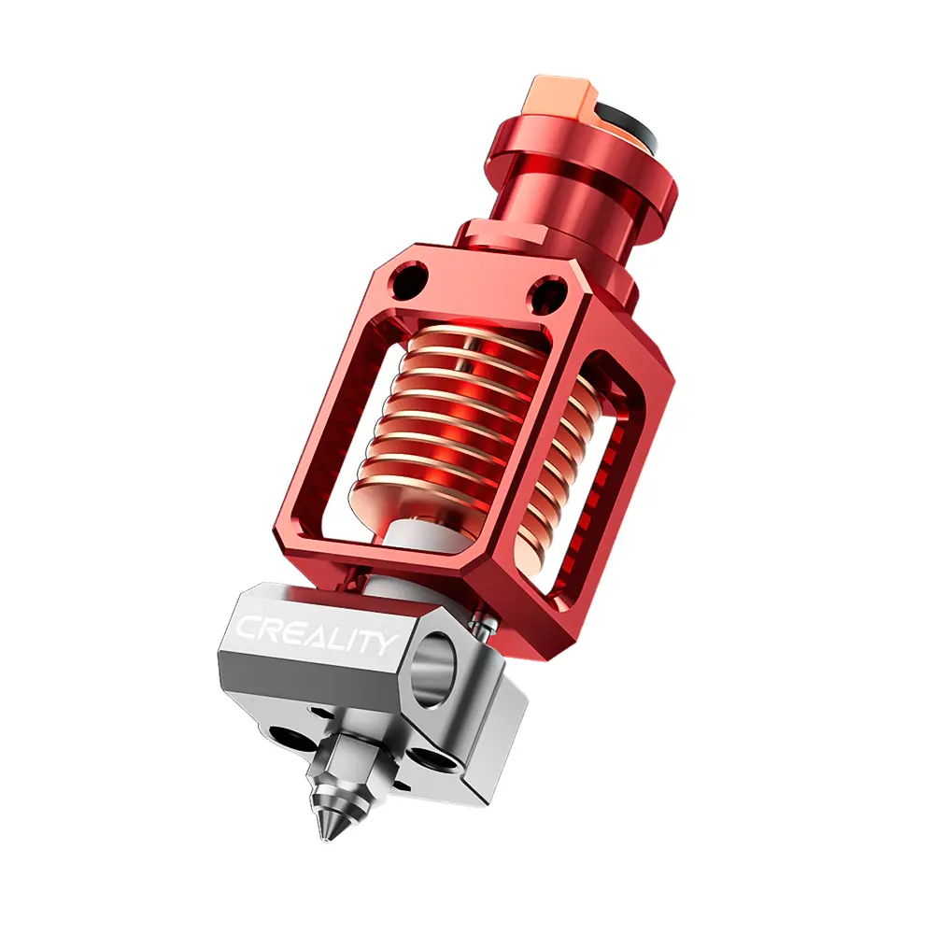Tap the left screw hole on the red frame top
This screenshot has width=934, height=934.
[x=412, y=277]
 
